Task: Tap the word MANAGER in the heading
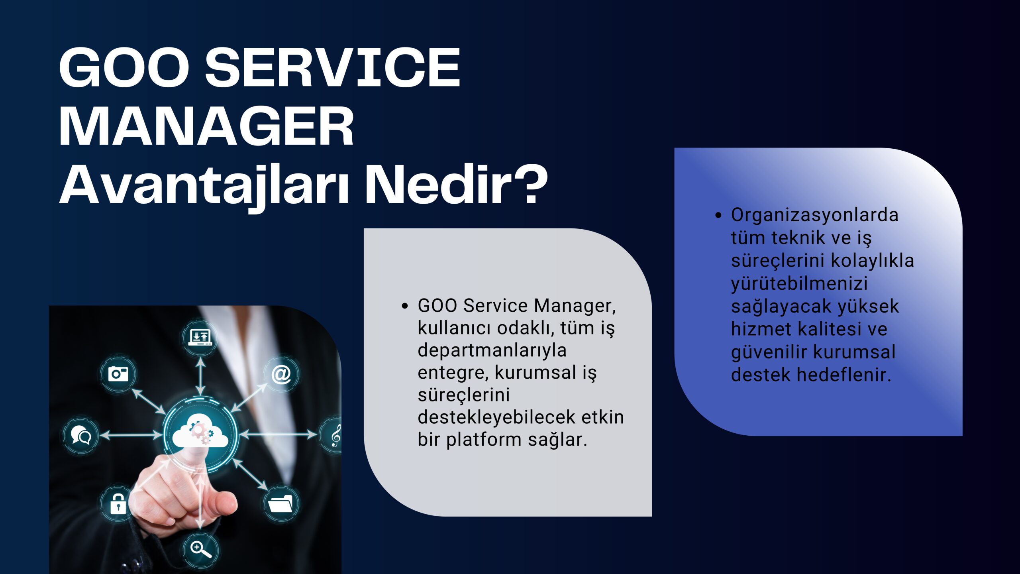[x=206, y=126]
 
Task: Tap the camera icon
[x=118, y=374]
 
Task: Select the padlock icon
[x=118, y=503]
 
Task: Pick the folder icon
[x=281, y=503]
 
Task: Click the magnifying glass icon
[x=200, y=549]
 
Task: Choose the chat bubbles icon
[x=81, y=435]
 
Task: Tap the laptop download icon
[x=200, y=337]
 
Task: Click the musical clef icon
[x=336, y=435]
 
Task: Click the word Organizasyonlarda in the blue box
[x=815, y=215]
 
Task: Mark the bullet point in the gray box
[x=405, y=306]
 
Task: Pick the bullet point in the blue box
[x=718, y=215]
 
